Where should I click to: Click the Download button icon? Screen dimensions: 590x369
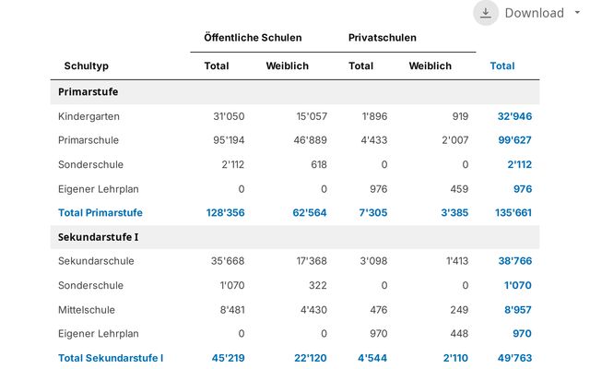tap(486, 13)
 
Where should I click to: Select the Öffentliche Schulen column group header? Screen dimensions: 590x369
tap(253, 38)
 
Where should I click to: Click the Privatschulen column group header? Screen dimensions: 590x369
tap(383, 38)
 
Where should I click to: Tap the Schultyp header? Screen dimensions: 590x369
tap(86, 66)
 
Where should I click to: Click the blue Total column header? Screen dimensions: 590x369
tap(502, 65)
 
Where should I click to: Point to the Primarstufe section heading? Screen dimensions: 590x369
tap(88, 92)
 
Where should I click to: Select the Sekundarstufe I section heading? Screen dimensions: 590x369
tap(99, 237)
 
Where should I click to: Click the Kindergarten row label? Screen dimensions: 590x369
tap(88, 117)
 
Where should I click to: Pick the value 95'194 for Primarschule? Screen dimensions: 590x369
tap(229, 140)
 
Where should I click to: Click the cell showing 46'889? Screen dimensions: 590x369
tap(311, 140)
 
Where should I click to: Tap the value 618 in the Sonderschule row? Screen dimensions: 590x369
tap(319, 164)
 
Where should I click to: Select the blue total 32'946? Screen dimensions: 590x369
tap(514, 116)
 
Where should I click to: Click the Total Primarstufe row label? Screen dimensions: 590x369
tap(100, 213)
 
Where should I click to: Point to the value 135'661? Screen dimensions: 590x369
tap(513, 213)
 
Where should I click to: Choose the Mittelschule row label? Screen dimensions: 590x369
tap(87, 310)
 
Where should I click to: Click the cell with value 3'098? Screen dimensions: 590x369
tap(373, 261)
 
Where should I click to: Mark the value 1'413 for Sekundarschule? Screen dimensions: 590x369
tap(457, 261)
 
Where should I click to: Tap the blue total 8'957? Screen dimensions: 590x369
tap(518, 310)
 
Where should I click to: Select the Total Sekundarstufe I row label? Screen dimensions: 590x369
tap(111, 358)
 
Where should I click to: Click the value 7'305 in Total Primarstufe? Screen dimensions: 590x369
tap(373, 213)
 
